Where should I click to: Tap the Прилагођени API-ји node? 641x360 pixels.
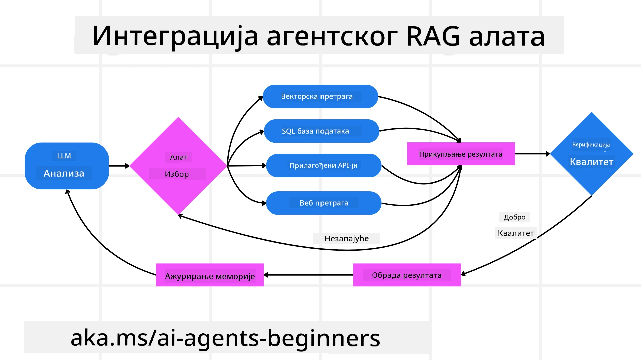[324, 166]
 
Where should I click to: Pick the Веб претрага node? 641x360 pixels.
[324, 203]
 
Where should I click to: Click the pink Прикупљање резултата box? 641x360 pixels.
[461, 154]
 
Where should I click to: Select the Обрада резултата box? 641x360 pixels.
[407, 275]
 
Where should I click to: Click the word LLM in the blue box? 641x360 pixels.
[64, 156]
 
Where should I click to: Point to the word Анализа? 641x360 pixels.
[64, 173]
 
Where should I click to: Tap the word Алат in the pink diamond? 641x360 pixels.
[179, 157]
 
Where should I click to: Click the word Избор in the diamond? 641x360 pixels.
[177, 174]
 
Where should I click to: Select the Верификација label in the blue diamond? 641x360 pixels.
[591, 145]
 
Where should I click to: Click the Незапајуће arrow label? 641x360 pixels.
[347, 239]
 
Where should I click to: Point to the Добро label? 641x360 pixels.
[514, 217]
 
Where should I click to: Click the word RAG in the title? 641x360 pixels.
[433, 36]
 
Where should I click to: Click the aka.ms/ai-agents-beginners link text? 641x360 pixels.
[225, 338]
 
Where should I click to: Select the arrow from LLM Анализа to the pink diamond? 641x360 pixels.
[119, 166]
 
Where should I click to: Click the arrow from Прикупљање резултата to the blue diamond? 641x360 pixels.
[532, 154]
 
